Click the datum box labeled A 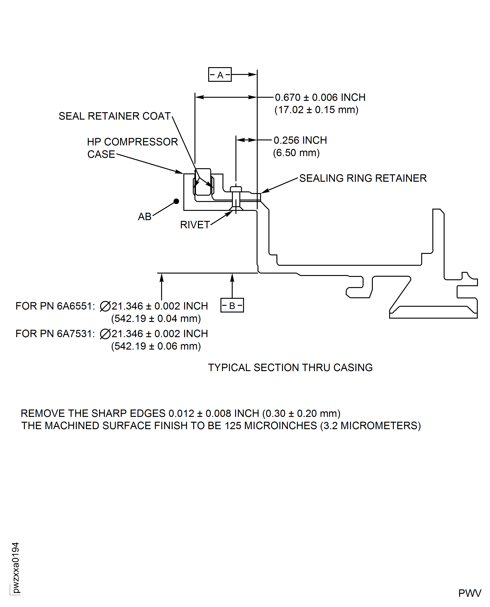coord(220,75)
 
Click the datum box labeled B coord(232,305)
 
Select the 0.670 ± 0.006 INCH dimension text coord(320,97)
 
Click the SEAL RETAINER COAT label coord(114,116)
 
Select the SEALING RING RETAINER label coord(363,178)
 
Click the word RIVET coord(195,225)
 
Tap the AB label coord(145,217)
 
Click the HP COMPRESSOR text coord(132,142)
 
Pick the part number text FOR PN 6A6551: coord(55,306)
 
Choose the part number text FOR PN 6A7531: coord(55,334)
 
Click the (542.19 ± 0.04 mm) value coord(156,318)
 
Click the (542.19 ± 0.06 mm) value coord(156,346)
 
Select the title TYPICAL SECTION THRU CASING coord(290,368)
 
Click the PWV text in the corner coord(469,593)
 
